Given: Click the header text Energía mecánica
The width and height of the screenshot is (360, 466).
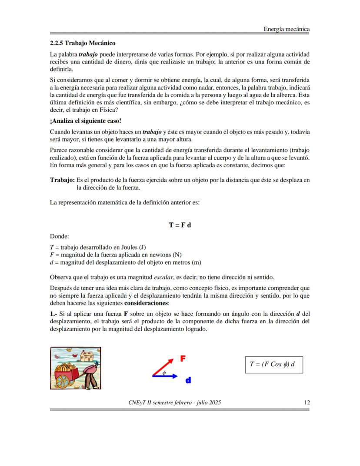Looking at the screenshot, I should click(x=287, y=29).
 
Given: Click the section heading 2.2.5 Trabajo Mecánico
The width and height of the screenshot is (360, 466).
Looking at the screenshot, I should click(x=83, y=44).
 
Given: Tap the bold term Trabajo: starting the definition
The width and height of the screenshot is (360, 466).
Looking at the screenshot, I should click(x=62, y=180).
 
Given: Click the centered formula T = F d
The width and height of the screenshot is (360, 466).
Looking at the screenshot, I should click(x=180, y=225).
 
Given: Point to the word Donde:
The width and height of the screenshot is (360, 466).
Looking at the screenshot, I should click(x=60, y=237).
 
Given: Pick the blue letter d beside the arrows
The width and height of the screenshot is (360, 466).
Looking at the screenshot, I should click(x=188, y=380).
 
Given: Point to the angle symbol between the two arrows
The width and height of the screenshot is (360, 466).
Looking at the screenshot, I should click(x=164, y=372).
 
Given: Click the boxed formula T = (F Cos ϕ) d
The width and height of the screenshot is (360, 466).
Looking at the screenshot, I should click(x=273, y=365).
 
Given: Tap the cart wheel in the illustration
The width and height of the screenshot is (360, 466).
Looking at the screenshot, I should click(x=63, y=380).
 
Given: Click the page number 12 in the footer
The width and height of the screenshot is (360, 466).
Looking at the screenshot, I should click(x=307, y=402).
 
